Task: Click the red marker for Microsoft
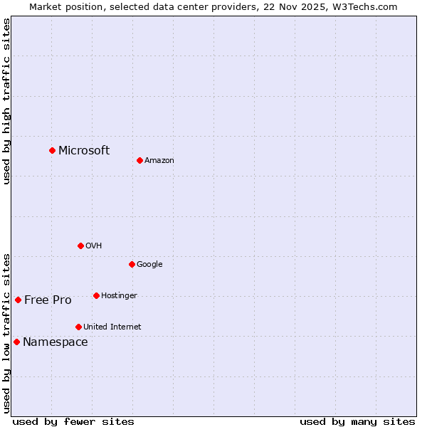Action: [52, 150]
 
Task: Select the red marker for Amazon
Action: [139, 160]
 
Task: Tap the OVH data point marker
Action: [80, 246]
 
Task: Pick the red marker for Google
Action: [132, 264]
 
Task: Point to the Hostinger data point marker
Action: [96, 295]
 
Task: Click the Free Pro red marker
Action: [18, 300]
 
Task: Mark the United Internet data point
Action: [78, 327]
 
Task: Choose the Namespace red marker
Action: [16, 342]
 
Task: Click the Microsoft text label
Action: [84, 150]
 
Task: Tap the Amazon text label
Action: [159, 160]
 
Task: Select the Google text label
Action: [149, 264]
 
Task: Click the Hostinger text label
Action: [119, 295]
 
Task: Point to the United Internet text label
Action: [112, 327]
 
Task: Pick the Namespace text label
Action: [56, 342]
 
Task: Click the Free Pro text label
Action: [48, 300]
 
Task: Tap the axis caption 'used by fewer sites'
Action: [73, 421]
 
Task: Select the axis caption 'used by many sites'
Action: [357, 421]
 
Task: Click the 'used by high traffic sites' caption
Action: [6, 101]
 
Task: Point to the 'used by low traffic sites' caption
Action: [6, 333]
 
